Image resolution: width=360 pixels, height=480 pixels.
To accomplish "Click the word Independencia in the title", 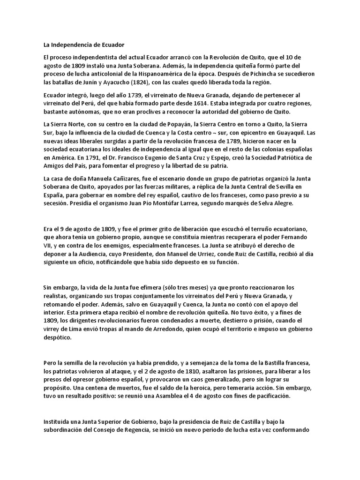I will [x=65, y=45].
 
